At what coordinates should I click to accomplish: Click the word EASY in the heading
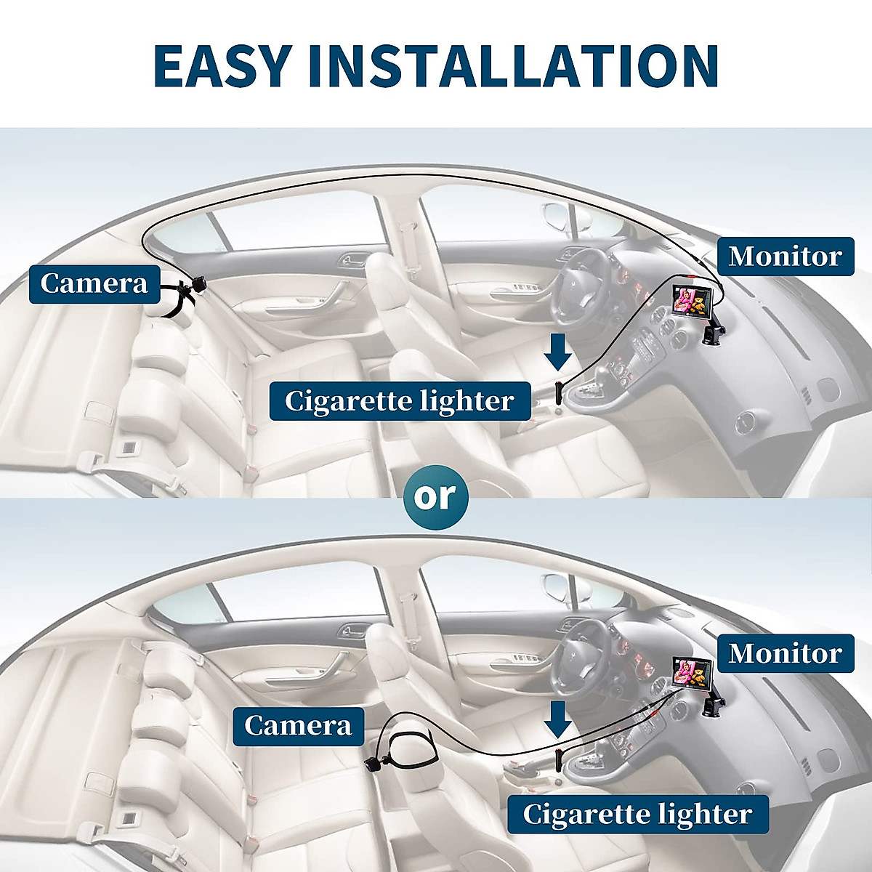(222, 66)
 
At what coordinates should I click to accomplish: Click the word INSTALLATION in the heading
(512, 66)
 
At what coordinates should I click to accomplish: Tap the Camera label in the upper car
(94, 283)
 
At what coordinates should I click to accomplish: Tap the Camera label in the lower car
(298, 724)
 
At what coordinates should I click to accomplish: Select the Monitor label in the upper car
(786, 256)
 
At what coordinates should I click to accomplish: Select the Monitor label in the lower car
(786, 653)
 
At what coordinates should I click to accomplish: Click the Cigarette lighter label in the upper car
(400, 400)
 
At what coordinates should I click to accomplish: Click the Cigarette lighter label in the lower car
(637, 814)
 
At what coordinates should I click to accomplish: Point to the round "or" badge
(435, 497)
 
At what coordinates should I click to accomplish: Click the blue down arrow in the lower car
(558, 720)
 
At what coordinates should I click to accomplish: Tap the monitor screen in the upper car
(690, 300)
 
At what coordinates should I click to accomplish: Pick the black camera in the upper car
(198, 283)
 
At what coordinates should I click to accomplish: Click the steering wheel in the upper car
(581, 280)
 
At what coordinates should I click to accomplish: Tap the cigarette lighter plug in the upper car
(558, 392)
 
